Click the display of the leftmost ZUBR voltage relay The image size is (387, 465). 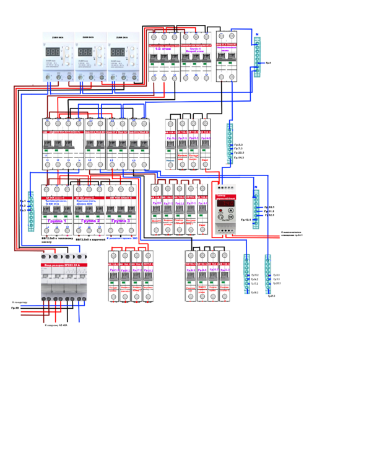coord(54,52)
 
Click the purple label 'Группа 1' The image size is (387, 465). coord(56,221)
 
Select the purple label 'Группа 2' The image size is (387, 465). coord(90,221)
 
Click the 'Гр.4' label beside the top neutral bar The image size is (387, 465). coord(268,63)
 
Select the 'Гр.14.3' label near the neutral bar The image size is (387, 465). coord(239,157)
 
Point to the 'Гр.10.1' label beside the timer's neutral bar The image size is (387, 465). coord(269,208)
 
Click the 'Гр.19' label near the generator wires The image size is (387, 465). coord(15,308)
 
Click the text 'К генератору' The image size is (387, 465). coord(19,302)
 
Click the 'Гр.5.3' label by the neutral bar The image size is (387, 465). coord(239,144)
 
